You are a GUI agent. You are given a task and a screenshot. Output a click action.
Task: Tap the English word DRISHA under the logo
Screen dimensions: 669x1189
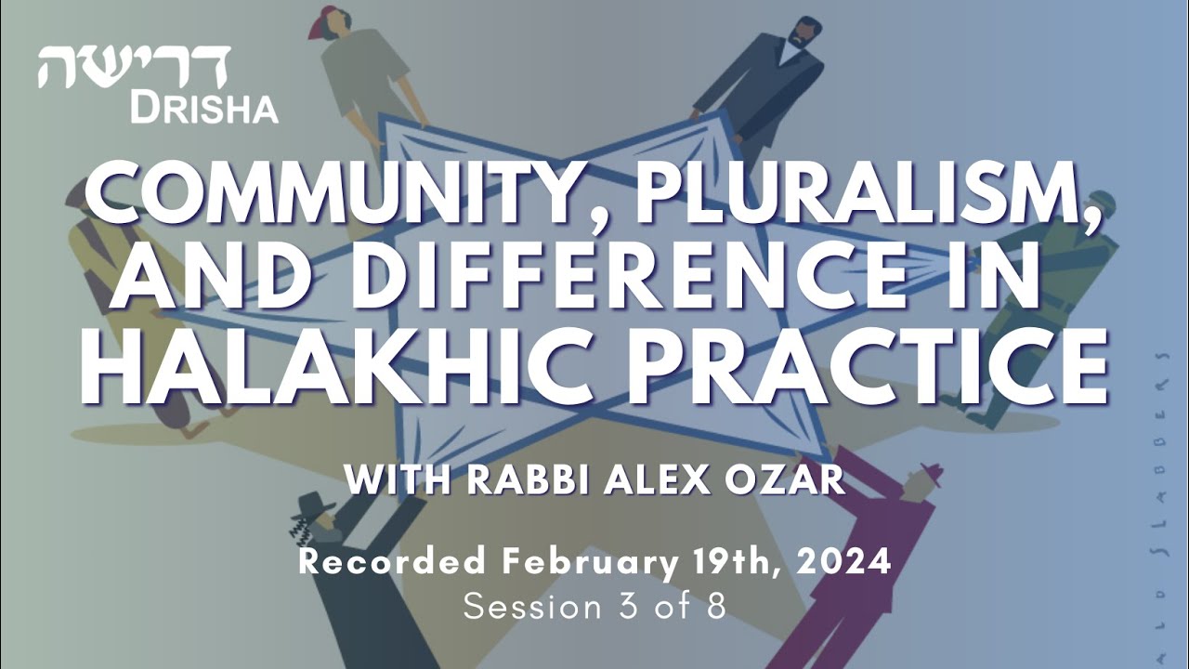[x=203, y=109]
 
